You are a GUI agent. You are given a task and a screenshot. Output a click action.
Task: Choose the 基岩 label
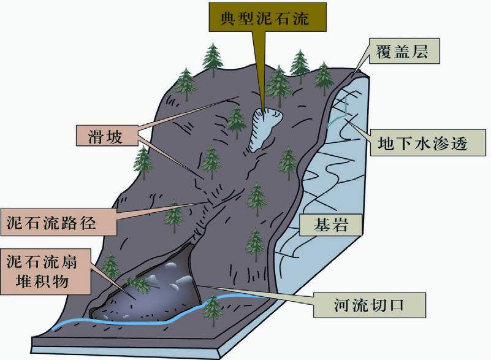point(332,225)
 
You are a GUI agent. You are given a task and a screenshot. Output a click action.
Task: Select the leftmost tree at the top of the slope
point(186,83)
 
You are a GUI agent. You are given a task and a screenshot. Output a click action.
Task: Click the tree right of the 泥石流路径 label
point(174,216)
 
